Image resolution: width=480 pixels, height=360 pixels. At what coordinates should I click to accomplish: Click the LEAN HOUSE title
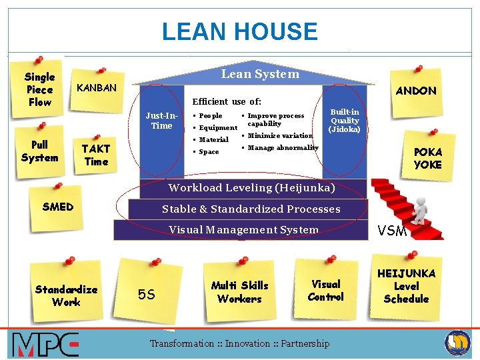point(240,32)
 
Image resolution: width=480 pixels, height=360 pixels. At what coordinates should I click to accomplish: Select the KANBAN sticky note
point(97,88)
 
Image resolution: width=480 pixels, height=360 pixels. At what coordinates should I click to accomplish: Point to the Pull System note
point(39,151)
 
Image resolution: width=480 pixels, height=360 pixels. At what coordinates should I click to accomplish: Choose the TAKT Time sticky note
point(96,155)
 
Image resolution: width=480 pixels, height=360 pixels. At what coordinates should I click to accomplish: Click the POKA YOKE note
point(427,159)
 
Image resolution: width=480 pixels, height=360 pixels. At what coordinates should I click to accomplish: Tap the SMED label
point(58,207)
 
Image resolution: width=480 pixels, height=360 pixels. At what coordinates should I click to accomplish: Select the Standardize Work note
point(67,295)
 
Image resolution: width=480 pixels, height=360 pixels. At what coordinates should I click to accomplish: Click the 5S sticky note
point(147,293)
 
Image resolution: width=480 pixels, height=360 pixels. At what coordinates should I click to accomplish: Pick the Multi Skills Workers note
point(239,292)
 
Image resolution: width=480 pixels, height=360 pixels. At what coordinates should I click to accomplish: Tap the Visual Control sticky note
point(326,290)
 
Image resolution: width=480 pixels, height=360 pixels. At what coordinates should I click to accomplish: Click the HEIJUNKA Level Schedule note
point(406,286)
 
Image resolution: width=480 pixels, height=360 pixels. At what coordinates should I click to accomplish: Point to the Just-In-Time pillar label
point(162,121)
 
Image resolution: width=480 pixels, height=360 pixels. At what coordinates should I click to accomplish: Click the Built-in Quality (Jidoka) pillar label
point(345,121)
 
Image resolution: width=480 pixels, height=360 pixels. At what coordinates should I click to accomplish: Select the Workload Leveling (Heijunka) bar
point(251,188)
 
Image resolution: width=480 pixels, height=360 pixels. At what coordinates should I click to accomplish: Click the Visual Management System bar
point(243,230)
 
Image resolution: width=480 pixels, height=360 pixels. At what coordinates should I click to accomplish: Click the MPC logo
point(45,345)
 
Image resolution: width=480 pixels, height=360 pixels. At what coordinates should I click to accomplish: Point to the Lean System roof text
point(260,74)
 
